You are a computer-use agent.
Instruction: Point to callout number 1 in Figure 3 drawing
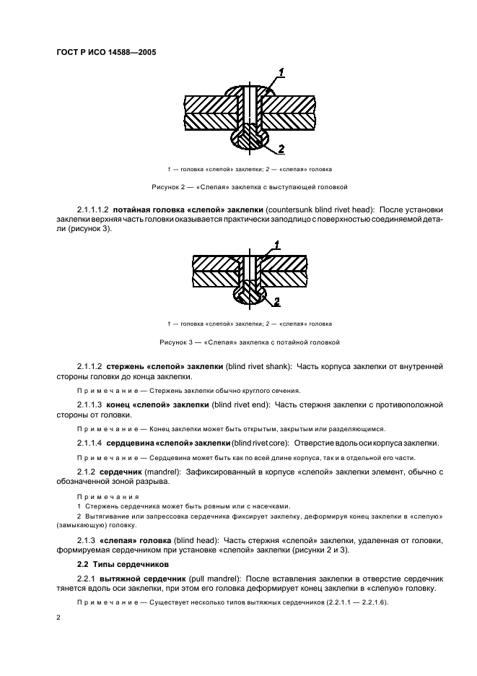(x=275, y=247)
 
